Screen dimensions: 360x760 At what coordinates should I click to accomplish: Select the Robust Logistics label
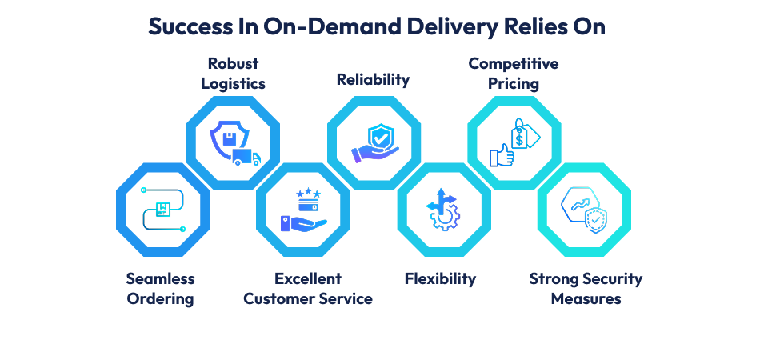(x=233, y=73)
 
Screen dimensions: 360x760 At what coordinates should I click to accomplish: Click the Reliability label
(x=373, y=79)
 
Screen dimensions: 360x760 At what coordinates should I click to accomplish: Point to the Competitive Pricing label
(x=513, y=73)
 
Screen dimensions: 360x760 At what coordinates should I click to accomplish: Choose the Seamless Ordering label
(x=160, y=289)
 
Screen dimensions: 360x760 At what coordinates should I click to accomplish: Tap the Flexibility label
(x=440, y=279)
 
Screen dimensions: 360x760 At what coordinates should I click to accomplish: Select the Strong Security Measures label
(x=586, y=289)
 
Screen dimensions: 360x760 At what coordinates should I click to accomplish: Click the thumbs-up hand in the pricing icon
(x=502, y=155)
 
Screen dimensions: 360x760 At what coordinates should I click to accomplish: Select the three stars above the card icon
(x=307, y=193)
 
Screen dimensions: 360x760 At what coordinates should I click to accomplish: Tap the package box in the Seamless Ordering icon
(x=163, y=209)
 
